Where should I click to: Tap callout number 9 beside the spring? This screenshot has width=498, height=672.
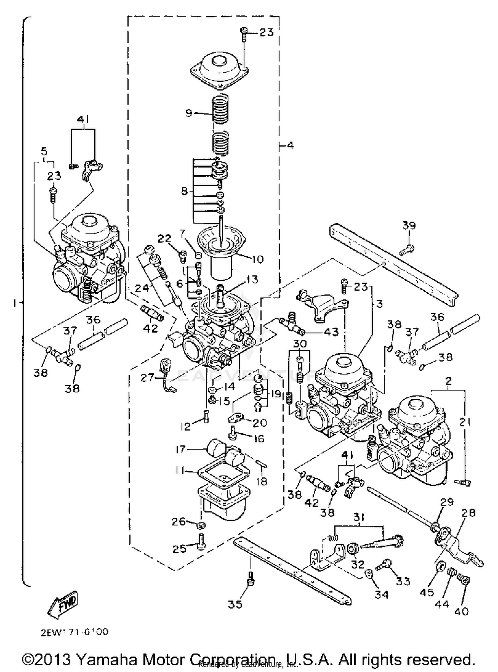189,113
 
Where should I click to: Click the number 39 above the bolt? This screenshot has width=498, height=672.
409,226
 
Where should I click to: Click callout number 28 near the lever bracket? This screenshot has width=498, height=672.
468,513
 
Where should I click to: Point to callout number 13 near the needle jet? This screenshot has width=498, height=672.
252,280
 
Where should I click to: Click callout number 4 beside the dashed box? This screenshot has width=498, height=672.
290,145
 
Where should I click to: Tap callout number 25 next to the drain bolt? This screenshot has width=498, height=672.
179,549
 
